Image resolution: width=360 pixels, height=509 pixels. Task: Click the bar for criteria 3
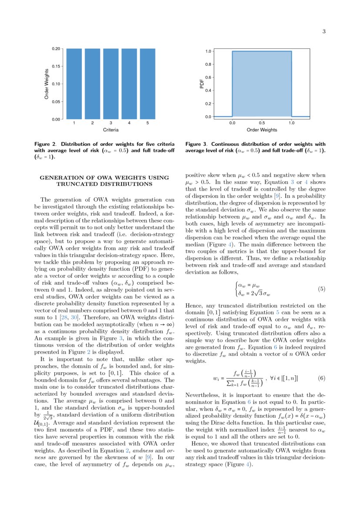point(111,84)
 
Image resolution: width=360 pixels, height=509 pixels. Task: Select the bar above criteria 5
point(148,84)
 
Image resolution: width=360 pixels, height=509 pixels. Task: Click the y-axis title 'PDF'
point(202,84)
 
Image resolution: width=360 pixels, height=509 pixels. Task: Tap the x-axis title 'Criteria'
point(111,130)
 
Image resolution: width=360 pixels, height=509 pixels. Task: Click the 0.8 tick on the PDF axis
point(209,64)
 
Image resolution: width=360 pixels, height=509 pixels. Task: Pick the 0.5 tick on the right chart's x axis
point(262,123)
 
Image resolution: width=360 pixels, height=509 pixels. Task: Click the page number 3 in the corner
point(324,31)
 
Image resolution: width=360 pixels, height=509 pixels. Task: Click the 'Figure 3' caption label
point(196,144)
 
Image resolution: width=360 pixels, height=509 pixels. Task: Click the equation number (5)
point(322,289)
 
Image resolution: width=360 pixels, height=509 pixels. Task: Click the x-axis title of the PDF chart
point(262,130)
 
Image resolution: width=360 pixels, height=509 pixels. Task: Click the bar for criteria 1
point(74,84)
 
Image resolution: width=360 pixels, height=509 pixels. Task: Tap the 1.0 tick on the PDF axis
point(209,51)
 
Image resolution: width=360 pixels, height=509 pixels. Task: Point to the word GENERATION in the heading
point(58,178)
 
